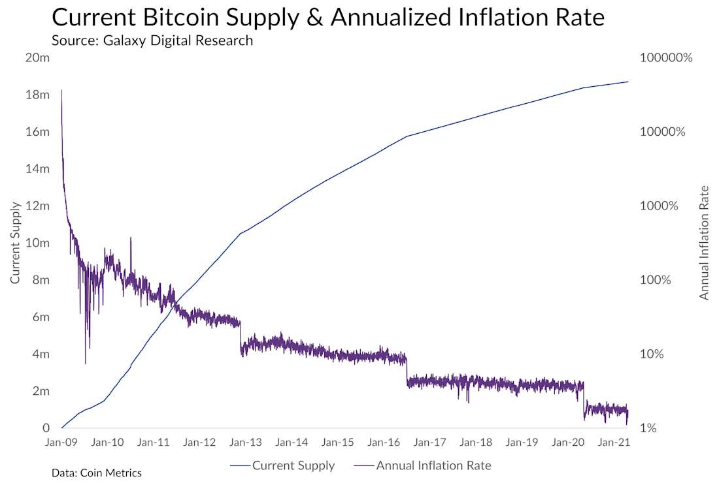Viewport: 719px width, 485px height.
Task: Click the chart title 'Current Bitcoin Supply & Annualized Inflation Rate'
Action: coord(328,18)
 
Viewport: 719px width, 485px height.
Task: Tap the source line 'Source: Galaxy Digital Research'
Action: coord(152,40)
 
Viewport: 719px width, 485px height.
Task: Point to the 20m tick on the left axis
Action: coord(37,57)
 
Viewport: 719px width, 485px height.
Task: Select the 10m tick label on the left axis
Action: coord(37,243)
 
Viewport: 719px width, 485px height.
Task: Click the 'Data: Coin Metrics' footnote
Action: coord(97,473)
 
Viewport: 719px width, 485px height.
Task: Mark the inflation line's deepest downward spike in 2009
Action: coord(86,362)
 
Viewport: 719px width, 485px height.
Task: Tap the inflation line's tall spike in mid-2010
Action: coord(131,239)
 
